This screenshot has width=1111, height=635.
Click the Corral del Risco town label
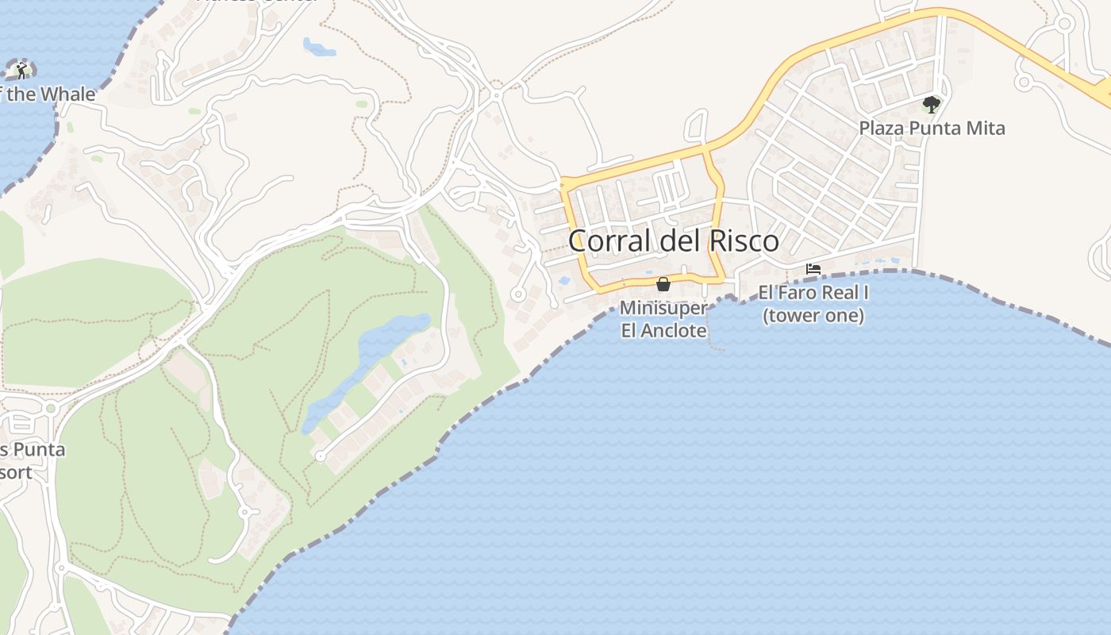coord(674,241)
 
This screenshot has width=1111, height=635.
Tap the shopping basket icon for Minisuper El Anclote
coord(663,284)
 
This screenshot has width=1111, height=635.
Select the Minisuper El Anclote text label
coord(663,318)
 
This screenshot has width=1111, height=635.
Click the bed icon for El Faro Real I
coord(813,269)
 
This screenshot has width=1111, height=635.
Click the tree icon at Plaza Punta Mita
coord(931,104)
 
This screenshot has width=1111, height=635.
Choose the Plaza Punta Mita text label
coord(932,128)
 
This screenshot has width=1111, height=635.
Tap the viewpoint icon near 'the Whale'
coord(21,70)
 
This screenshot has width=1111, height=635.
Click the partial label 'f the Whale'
coord(48,94)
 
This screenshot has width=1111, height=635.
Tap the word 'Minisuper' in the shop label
coord(663,307)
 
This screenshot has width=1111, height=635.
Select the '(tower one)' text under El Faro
coord(813,316)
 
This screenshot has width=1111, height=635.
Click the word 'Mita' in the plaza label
coord(986,128)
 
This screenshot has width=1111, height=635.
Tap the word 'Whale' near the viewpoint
coord(68,94)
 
